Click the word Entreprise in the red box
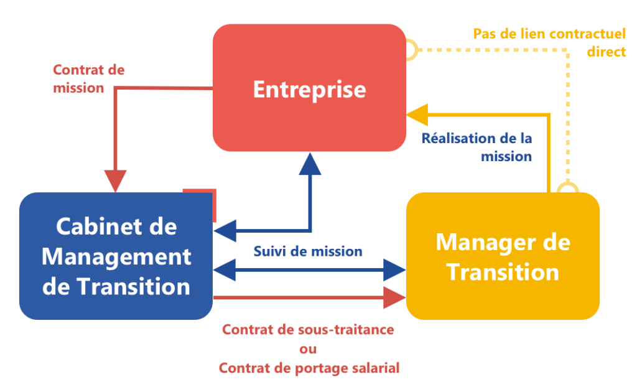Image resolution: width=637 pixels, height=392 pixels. (x=309, y=89)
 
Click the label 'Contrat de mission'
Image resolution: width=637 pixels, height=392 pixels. (x=88, y=79)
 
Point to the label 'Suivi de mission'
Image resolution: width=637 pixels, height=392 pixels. (x=308, y=251)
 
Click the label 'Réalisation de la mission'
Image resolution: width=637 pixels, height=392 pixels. (x=477, y=147)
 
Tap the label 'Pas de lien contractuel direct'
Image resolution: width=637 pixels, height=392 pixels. (x=549, y=42)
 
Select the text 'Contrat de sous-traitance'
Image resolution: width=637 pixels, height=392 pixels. (x=308, y=330)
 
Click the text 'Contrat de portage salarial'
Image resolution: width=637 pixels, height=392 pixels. (x=309, y=368)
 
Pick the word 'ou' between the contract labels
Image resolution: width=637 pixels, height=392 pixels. (x=308, y=348)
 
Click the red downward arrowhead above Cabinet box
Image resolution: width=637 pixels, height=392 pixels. (x=115, y=180)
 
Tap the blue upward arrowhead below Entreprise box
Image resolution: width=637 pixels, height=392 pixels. (x=310, y=164)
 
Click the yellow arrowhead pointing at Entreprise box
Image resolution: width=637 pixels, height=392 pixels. (x=417, y=114)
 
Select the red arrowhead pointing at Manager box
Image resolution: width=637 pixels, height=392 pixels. (x=394, y=298)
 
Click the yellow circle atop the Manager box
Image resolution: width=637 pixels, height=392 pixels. (x=567, y=190)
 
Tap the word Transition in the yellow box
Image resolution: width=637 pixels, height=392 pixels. (x=503, y=272)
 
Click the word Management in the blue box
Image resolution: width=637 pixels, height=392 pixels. (x=116, y=256)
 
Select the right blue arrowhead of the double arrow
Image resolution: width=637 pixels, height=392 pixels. (x=394, y=270)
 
